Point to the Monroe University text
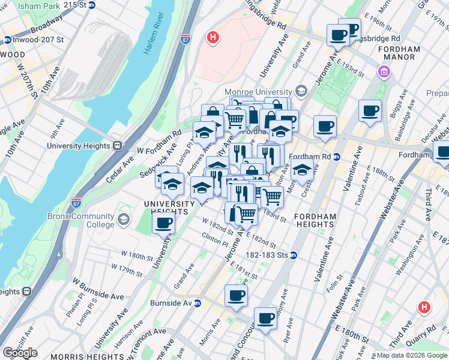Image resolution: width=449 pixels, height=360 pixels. point(262,92)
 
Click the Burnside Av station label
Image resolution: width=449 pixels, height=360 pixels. point(171,303)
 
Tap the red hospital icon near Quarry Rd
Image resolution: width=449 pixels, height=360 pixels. point(424,308)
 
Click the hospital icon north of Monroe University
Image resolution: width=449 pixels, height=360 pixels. point(212,38)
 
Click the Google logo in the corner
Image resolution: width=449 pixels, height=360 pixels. point(20,353)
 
